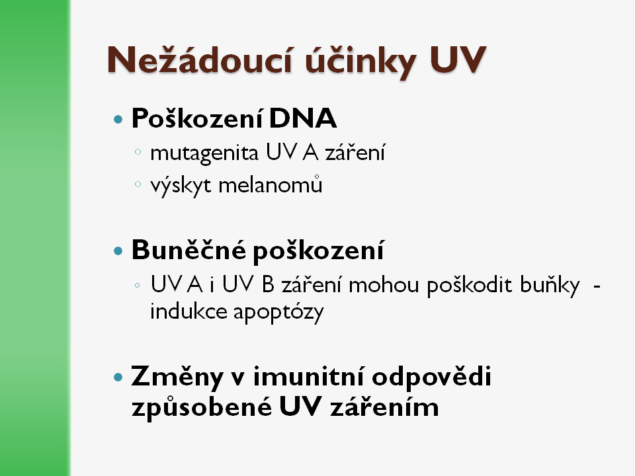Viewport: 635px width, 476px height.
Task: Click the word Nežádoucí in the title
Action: [x=200, y=60]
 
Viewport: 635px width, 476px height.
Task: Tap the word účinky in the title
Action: [x=360, y=61]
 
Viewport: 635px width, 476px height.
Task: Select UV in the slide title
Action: [x=458, y=60]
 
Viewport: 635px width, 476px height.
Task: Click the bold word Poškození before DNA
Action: [x=197, y=118]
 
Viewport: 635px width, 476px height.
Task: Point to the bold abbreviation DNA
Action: [x=302, y=118]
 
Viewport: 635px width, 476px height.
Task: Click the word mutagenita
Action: [x=204, y=153]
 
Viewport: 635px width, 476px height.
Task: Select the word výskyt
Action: [x=181, y=186]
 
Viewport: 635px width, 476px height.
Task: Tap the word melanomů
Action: [x=271, y=185]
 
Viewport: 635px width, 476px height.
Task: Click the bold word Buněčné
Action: [x=189, y=249]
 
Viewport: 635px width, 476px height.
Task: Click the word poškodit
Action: [x=470, y=286]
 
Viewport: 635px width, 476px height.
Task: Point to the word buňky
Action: [x=550, y=286]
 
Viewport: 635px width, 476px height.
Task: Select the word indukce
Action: [x=189, y=311]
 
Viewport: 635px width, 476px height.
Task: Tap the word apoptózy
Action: [x=278, y=313]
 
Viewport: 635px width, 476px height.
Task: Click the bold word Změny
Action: [x=177, y=377]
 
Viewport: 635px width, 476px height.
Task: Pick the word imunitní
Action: [x=309, y=376]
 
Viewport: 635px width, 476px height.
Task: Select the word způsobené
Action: [x=202, y=407]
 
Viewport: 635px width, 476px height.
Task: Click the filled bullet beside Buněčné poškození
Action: [x=118, y=251]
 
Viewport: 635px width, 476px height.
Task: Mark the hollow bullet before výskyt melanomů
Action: [x=138, y=184]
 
